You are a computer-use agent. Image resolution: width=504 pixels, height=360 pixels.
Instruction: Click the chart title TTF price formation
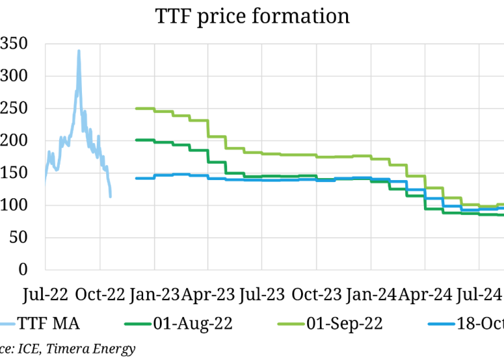point(251,15)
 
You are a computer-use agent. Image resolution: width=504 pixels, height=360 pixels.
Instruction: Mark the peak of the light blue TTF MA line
point(79,50)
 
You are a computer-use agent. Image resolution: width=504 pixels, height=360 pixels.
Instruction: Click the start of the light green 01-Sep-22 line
point(136,108)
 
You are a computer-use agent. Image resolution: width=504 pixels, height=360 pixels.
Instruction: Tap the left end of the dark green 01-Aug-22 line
point(136,140)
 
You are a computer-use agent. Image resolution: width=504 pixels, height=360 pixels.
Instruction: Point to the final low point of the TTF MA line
point(110,196)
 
